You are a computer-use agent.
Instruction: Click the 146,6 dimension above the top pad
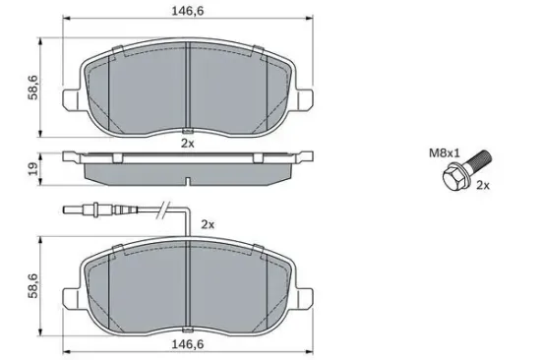188,11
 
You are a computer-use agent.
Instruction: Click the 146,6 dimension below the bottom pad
188,344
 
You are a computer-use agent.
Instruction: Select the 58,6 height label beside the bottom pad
33,285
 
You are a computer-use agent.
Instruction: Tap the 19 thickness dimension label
33,169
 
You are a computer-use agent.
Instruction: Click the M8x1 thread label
445,153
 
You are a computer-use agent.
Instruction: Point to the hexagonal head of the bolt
452,178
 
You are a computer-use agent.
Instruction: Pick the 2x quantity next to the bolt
483,186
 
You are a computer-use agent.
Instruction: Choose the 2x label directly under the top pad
188,144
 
